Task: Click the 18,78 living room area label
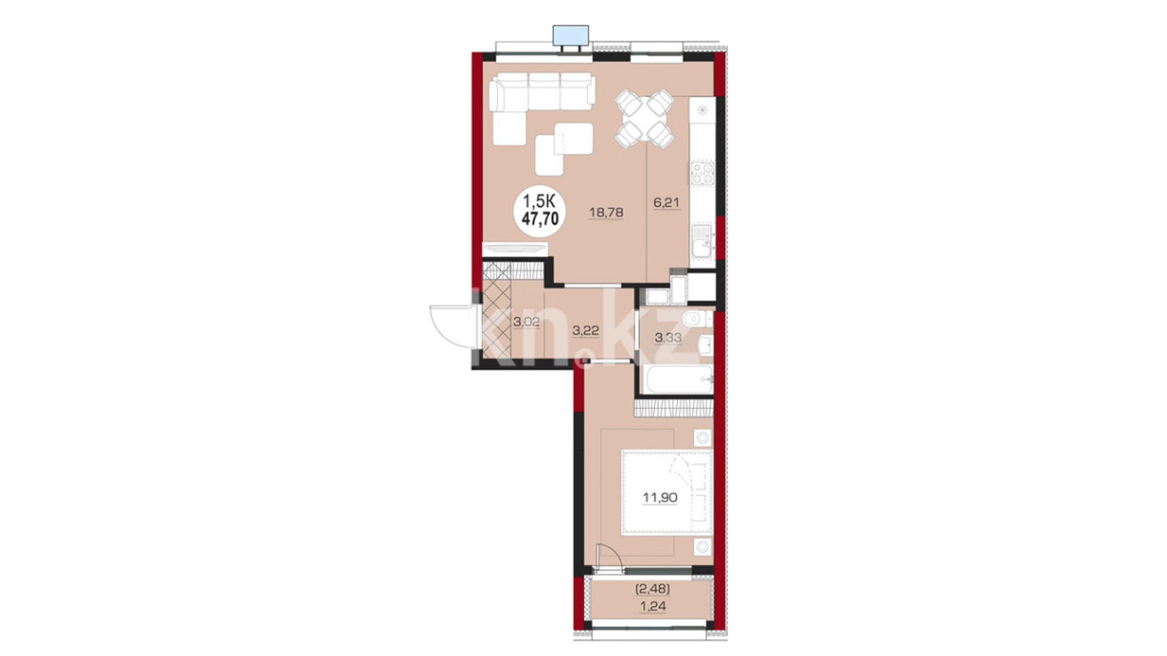(x=606, y=213)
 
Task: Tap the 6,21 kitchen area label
(x=666, y=203)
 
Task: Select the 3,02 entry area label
(x=526, y=322)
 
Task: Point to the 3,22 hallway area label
(x=585, y=331)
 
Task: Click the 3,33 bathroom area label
(x=668, y=338)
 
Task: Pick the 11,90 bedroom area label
(x=660, y=498)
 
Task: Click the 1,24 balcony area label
(x=653, y=606)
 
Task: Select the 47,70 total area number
(x=540, y=219)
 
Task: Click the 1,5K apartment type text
(x=540, y=201)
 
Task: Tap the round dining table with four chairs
(x=644, y=118)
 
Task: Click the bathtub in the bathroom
(x=680, y=380)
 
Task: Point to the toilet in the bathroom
(x=697, y=318)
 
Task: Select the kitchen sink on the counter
(x=702, y=241)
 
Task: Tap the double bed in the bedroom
(x=667, y=493)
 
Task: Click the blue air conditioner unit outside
(x=571, y=36)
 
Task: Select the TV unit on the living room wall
(x=515, y=249)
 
